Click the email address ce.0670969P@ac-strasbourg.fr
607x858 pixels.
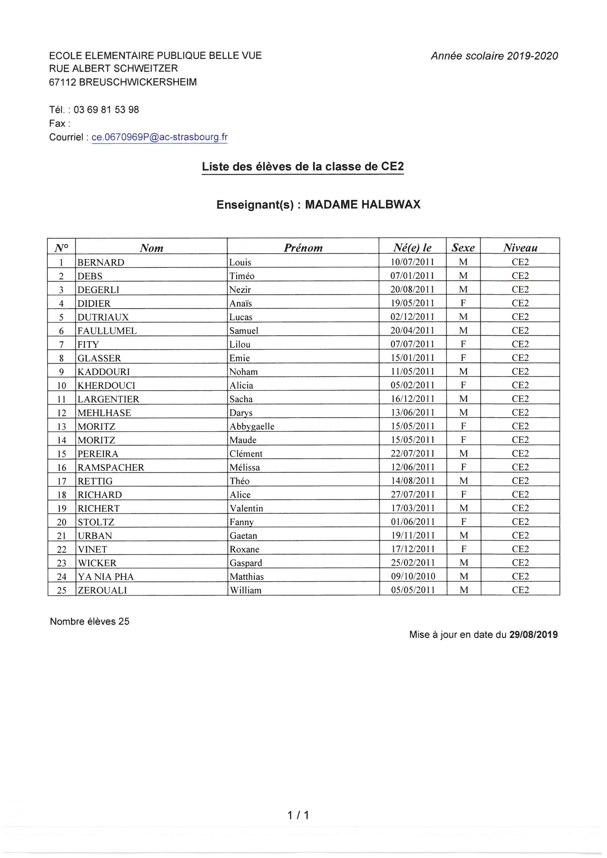coord(159,137)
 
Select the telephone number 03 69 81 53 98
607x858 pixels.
coord(106,109)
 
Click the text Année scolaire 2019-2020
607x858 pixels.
coord(494,56)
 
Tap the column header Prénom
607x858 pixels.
coord(303,248)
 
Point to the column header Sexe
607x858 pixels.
coord(463,247)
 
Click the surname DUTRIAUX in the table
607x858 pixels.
coord(103,317)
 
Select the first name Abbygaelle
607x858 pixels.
coord(252,426)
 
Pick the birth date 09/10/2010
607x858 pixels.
coord(413,576)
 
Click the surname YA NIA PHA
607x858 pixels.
coord(105,577)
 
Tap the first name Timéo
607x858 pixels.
coord(242,276)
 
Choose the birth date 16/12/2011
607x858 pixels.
coord(412,399)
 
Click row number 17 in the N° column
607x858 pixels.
coord(61,481)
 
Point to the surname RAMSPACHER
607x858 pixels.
coord(111,467)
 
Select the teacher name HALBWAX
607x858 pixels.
coord(390,204)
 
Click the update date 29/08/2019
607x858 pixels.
coord(533,635)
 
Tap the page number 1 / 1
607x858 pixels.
coord(298,815)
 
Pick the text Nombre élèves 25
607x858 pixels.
coord(90,621)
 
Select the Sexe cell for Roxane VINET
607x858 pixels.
coord(463,549)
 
